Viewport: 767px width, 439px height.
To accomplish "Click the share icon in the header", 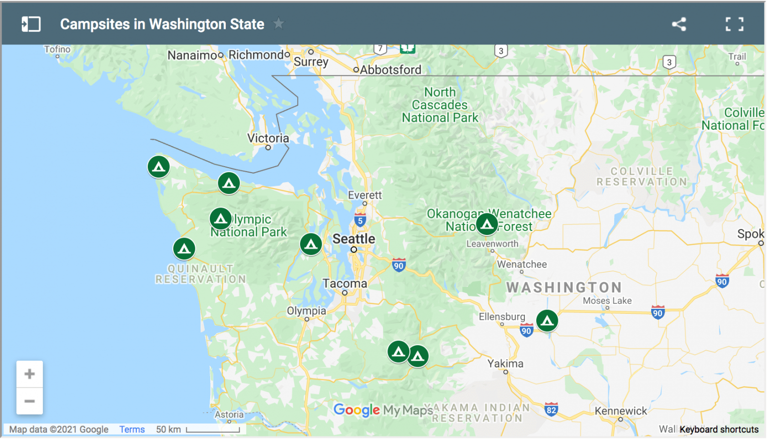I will pos(679,24).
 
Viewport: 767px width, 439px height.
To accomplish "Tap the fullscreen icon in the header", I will pos(734,24).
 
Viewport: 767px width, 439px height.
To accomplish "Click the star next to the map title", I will pos(279,23).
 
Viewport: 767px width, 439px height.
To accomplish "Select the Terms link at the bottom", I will pos(132,430).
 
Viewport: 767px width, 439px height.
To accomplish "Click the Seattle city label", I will pos(354,239).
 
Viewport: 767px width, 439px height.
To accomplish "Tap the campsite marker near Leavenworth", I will pos(487,224).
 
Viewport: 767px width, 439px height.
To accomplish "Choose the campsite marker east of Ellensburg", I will pos(547,321).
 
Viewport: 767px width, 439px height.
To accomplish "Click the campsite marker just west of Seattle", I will pos(311,244).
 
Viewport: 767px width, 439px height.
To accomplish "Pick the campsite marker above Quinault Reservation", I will pos(184,248).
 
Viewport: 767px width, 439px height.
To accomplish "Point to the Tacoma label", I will pos(345,283).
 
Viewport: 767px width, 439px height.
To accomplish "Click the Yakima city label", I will pos(505,364).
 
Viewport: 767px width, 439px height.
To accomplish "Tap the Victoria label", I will pos(268,138).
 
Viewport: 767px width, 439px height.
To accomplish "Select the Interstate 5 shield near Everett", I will pos(360,220).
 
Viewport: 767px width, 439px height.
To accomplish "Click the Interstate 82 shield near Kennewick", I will pos(551,410).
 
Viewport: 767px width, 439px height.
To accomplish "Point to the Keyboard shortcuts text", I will pos(719,430).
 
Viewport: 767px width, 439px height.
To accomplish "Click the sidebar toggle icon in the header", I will pos(31,24).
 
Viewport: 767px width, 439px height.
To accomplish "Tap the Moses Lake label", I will pos(607,301).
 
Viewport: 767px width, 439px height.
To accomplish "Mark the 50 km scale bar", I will pos(213,430).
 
